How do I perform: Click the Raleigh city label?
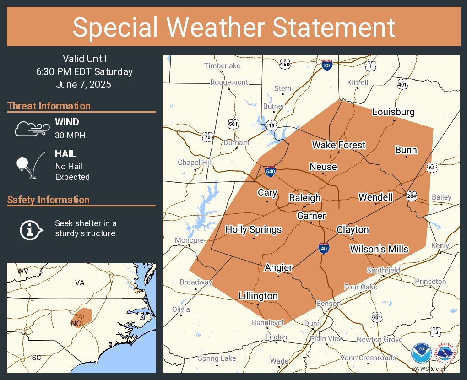[304, 198]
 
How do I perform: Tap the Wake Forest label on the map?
[339, 145]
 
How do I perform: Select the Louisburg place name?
[394, 112]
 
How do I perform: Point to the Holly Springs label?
[254, 230]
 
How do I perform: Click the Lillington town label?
[258, 296]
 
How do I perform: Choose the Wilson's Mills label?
[379, 249]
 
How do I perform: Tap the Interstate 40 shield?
[324, 249]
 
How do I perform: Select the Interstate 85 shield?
[327, 65]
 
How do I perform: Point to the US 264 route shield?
[411, 195]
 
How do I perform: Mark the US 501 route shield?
[233, 124]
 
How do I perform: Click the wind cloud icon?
[31, 129]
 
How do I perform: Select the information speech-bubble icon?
[31, 228]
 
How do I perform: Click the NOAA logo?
[421, 353]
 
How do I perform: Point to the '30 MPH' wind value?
[70, 136]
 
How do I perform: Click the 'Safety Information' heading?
[49, 200]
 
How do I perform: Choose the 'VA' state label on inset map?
[80, 283]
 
